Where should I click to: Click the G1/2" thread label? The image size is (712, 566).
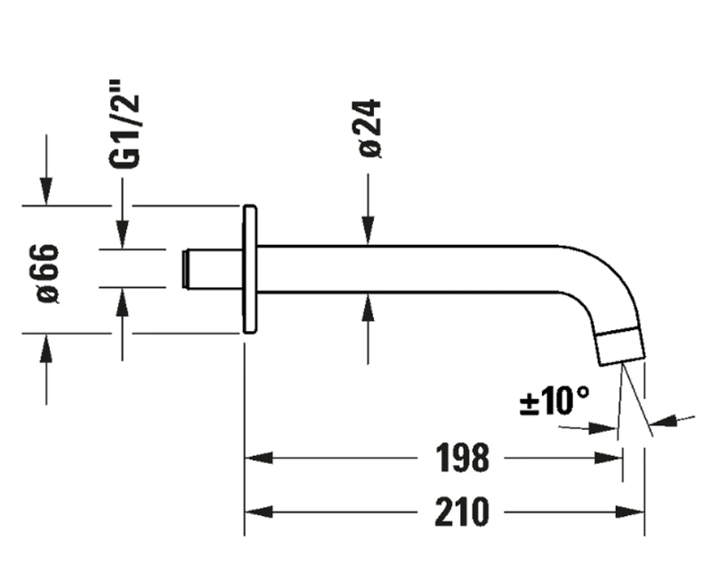coord(124,124)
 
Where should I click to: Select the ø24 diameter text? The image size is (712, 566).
coord(370,128)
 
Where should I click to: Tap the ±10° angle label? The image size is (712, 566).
coord(554,401)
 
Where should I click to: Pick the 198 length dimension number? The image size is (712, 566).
coord(462,458)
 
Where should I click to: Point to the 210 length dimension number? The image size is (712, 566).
coord(462,512)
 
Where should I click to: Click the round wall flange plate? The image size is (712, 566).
coord(250,269)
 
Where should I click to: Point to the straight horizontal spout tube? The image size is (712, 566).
coord(407,269)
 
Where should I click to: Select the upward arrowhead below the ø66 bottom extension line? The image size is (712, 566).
coord(46,349)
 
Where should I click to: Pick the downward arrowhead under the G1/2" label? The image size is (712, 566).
coord(122,235)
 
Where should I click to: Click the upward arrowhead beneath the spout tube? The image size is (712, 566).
coord(368,308)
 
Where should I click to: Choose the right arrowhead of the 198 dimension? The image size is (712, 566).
coord(609,458)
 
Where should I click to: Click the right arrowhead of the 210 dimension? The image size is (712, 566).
coord(631,512)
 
